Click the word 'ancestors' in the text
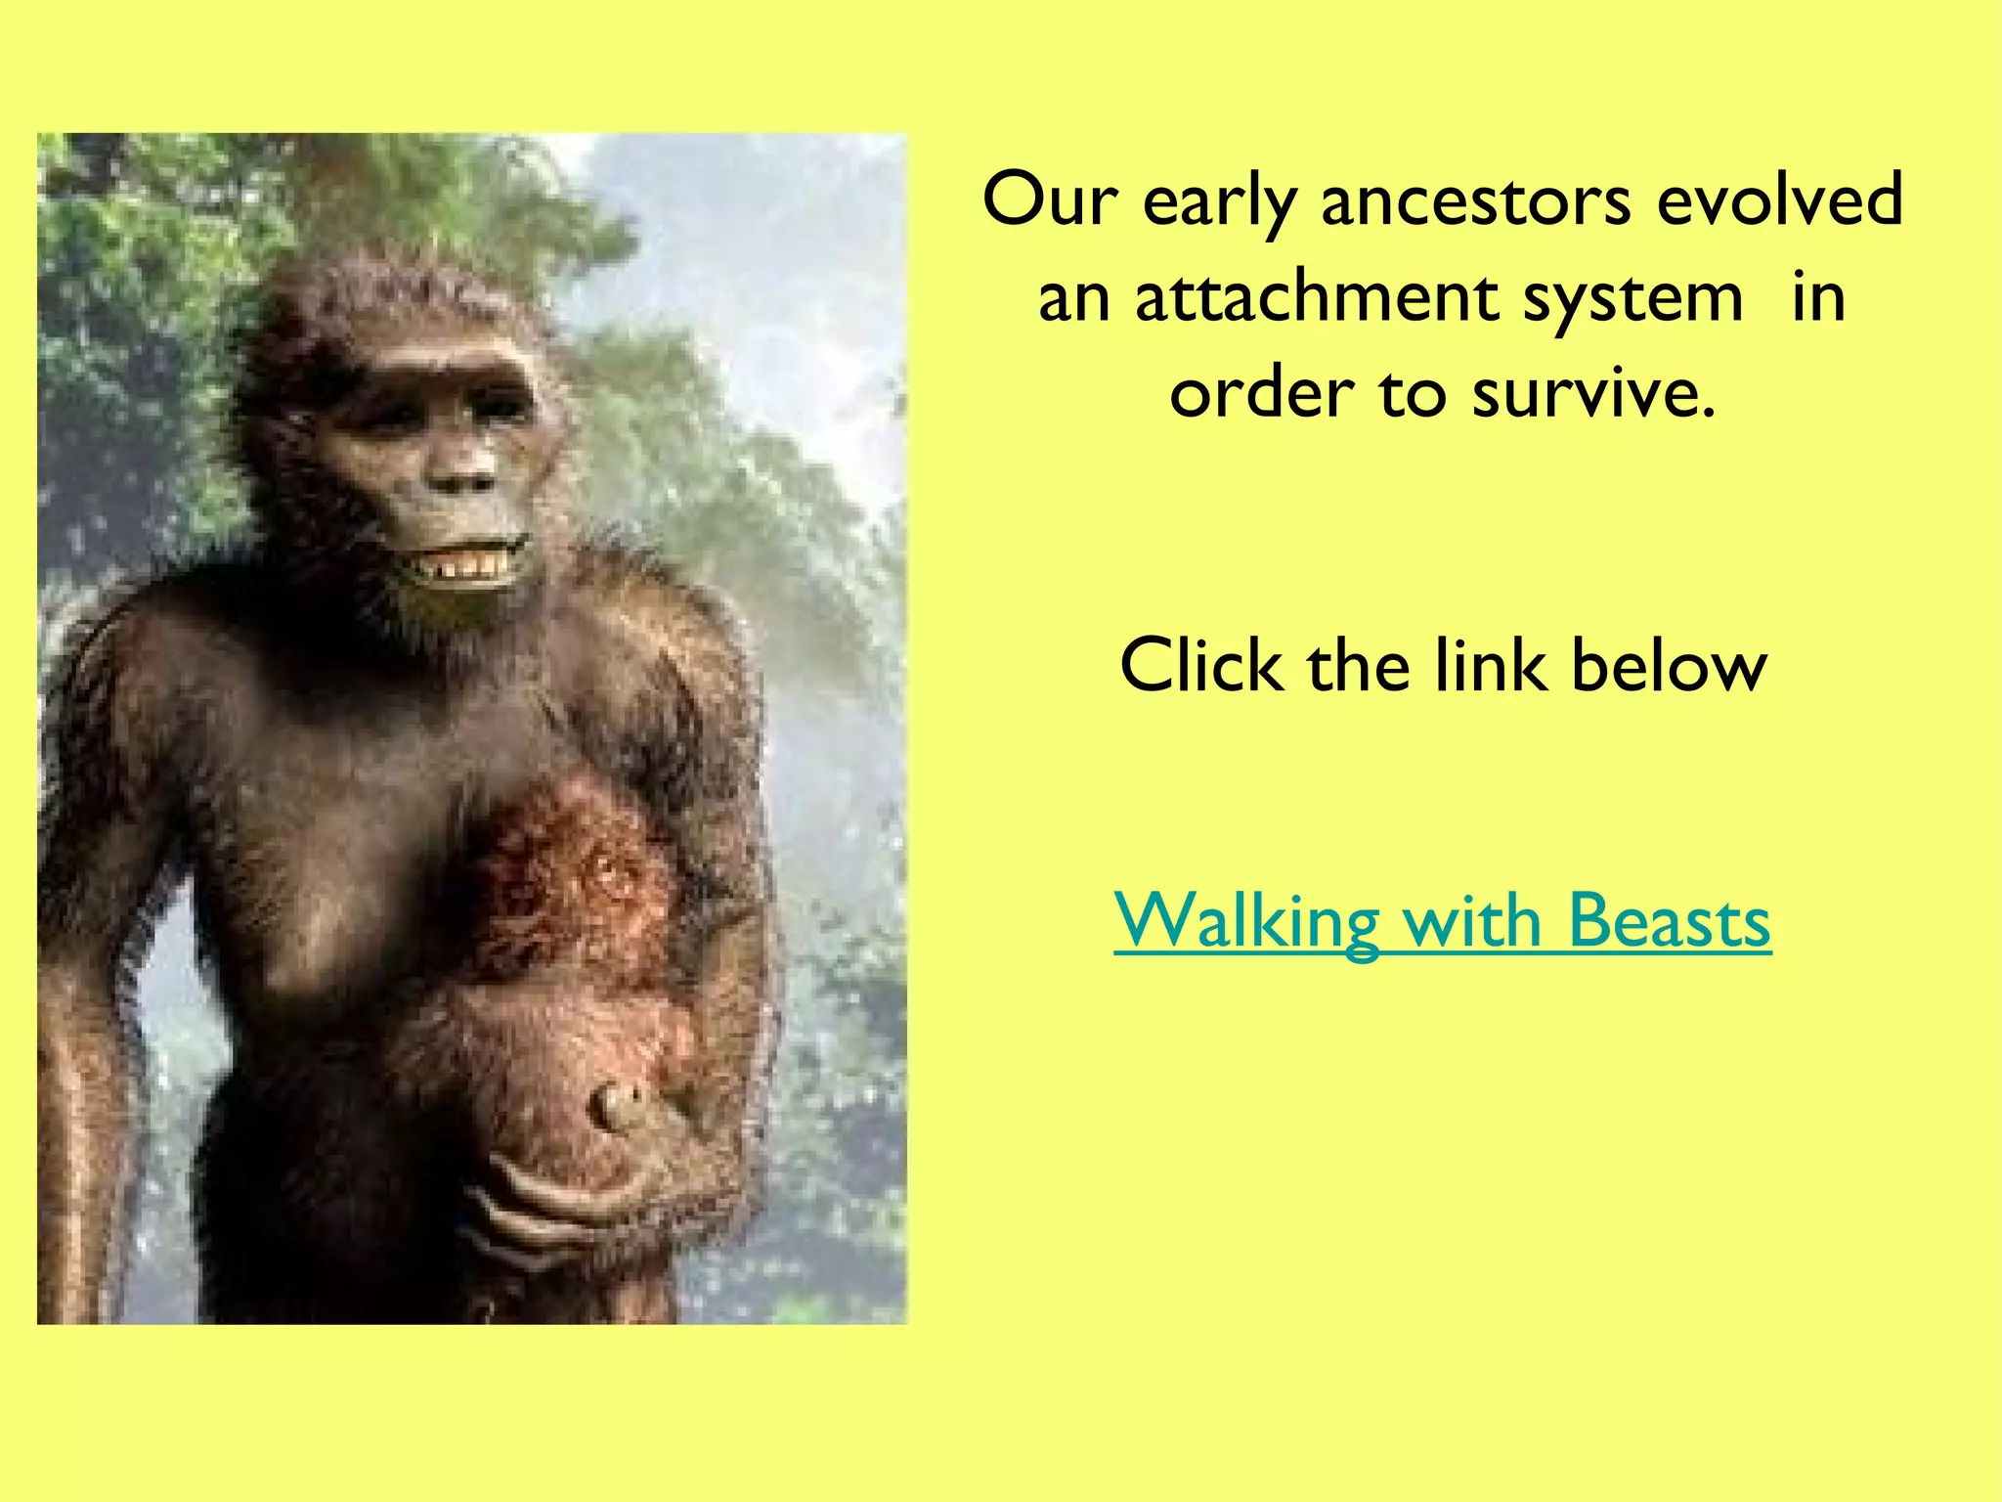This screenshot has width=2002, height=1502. (1475, 200)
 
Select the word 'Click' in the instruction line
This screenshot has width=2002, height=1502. (1200, 666)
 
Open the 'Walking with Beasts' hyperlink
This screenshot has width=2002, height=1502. (1442, 920)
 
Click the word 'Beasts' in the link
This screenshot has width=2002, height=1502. (1670, 920)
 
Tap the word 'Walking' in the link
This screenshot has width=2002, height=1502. (1245, 922)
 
